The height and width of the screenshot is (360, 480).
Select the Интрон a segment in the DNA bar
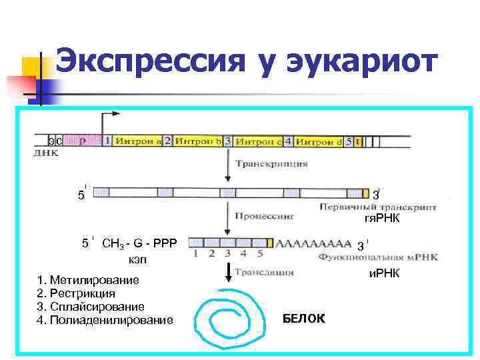point(138,141)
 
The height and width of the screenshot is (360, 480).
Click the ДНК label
point(46,153)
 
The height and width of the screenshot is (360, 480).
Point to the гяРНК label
point(381,219)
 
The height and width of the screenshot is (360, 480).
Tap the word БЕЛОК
point(304,319)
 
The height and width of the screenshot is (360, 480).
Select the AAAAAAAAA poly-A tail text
point(313,243)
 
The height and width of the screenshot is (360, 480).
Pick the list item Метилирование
point(94,280)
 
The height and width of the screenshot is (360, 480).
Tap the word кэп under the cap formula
point(137,259)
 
